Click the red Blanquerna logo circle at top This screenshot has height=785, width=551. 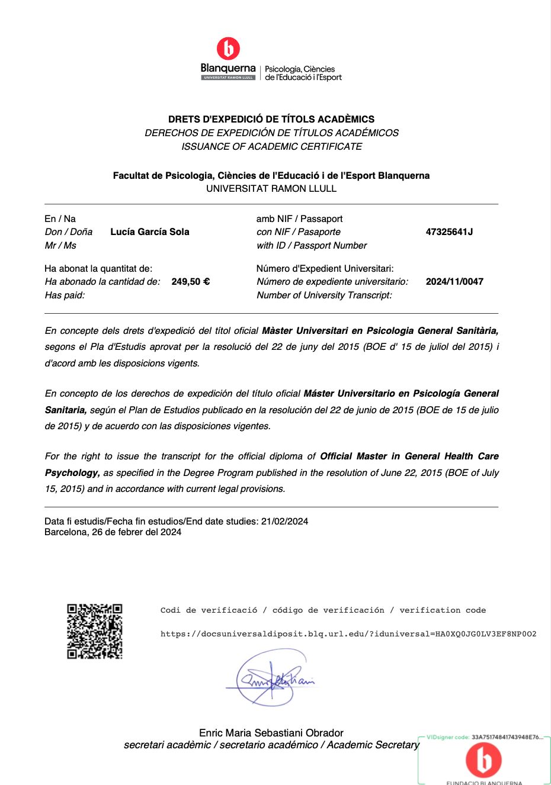(229, 49)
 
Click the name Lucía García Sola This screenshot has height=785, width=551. (150, 232)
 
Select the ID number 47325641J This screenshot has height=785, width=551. (449, 232)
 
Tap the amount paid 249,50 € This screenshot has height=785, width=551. (190, 282)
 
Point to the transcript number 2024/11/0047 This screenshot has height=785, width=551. (454, 282)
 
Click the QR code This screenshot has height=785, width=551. (95, 631)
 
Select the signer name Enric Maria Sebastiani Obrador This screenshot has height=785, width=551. (271, 733)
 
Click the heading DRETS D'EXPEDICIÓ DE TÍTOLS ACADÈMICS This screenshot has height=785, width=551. (271, 119)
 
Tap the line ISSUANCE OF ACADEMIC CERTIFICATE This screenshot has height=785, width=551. (271, 146)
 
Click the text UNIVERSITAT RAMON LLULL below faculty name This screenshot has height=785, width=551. (271, 189)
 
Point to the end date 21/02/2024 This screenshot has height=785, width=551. (284, 522)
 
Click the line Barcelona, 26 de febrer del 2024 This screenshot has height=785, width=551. (113, 532)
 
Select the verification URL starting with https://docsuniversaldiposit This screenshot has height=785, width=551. (348, 634)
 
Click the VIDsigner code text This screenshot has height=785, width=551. (484, 737)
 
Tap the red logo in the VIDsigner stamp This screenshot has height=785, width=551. (483, 760)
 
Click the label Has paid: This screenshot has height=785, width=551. (65, 295)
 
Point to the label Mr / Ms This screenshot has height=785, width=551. (60, 246)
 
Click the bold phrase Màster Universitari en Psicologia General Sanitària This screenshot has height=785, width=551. (380, 331)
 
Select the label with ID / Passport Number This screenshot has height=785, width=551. (312, 246)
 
